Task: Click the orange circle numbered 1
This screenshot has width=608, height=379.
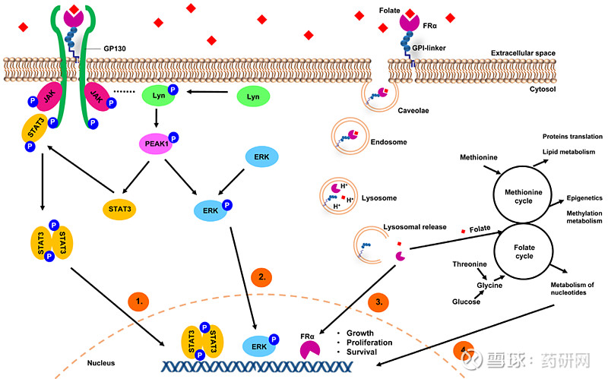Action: pyautogui.click(x=138, y=302)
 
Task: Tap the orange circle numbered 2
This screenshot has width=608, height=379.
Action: pyautogui.click(x=262, y=277)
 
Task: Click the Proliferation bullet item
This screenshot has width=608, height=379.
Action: pyautogui.click(x=369, y=343)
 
